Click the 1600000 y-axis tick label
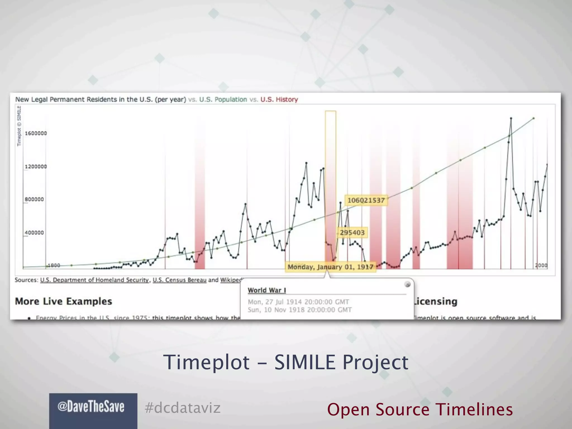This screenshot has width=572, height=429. pyautogui.click(x=36, y=133)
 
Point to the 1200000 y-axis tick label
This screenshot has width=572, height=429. pyautogui.click(x=36, y=166)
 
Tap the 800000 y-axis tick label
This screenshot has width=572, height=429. pyautogui.click(x=34, y=199)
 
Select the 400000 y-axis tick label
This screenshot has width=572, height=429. pyautogui.click(x=34, y=232)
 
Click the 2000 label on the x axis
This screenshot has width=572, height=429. pyautogui.click(x=541, y=265)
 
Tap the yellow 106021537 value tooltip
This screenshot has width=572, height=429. pyautogui.click(x=366, y=200)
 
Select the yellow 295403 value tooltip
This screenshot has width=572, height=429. pyautogui.click(x=352, y=233)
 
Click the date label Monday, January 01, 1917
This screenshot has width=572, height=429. pyautogui.click(x=330, y=267)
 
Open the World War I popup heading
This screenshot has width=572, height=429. pyautogui.click(x=267, y=290)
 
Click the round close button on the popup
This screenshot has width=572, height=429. pyautogui.click(x=407, y=284)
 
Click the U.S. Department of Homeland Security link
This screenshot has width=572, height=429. pyautogui.click(x=94, y=280)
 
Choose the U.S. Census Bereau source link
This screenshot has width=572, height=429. pyautogui.click(x=180, y=280)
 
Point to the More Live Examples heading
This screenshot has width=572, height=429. pyautogui.click(x=63, y=301)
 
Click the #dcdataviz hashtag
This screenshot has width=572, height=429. pyautogui.click(x=183, y=408)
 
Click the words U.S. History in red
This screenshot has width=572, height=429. pyautogui.click(x=279, y=99)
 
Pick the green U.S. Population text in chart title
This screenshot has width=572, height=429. pyautogui.click(x=223, y=99)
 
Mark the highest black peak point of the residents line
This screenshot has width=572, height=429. pyautogui.click(x=511, y=118)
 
